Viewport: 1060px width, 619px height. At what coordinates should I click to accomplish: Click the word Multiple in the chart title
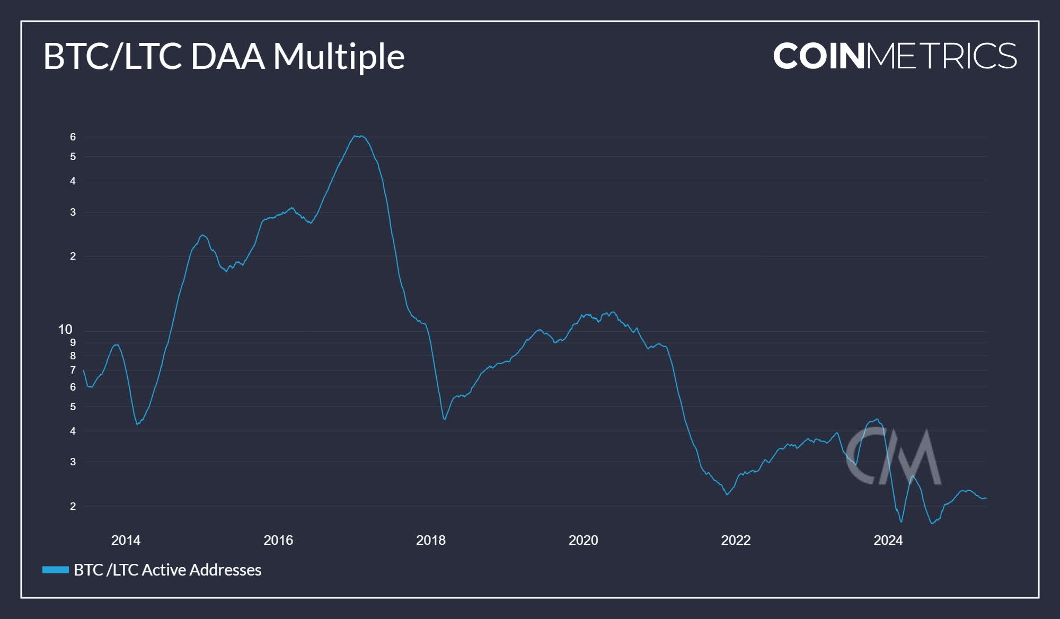pos(339,56)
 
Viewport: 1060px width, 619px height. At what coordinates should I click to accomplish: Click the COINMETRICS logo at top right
pos(895,56)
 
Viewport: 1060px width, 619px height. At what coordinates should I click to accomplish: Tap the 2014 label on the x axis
pos(126,540)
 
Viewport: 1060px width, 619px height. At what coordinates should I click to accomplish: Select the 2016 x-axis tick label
pos(278,540)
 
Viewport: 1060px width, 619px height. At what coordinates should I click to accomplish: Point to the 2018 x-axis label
pos(430,540)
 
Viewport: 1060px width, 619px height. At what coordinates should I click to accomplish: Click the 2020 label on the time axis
pos(583,540)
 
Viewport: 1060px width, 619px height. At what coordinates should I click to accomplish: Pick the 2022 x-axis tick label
pos(736,540)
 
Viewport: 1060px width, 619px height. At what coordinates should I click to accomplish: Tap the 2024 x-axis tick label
pos(888,540)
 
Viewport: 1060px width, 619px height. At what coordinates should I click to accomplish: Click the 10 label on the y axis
pos(65,330)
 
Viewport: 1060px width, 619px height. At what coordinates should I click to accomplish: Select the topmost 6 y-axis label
pos(73,137)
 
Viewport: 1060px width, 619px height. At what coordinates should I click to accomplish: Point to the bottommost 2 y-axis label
pos(73,506)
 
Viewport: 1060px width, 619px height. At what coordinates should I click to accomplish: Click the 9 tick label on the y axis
pos(73,342)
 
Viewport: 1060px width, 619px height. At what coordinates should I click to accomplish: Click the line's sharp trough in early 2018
pos(444,419)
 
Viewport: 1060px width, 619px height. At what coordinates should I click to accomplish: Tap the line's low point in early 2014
pos(137,424)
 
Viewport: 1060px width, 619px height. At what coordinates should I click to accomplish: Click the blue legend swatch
pos(56,570)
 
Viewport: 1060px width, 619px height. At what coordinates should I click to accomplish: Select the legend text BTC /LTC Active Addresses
pos(167,570)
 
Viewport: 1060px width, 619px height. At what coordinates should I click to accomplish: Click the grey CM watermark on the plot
pos(893,457)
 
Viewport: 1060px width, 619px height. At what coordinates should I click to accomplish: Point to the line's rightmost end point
pos(986,498)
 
